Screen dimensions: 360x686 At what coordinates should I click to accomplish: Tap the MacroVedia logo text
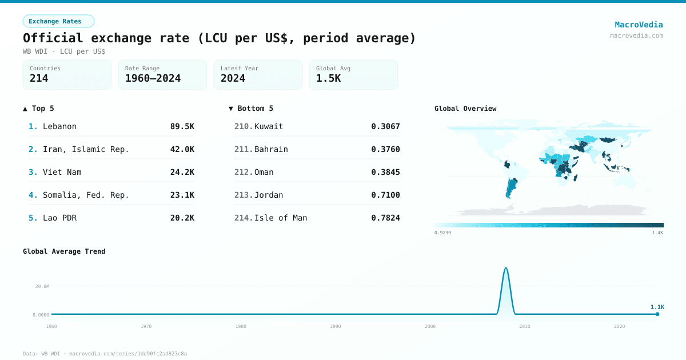pos(639,25)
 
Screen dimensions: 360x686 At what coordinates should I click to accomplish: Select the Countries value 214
pos(39,78)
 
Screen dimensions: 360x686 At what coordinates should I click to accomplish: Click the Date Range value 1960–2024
pos(153,78)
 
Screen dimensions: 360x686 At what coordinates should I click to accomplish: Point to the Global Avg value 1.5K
pos(328,78)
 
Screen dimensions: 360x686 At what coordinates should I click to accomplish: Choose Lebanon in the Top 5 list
pos(59,126)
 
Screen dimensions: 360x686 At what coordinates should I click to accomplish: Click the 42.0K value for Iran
pos(182,149)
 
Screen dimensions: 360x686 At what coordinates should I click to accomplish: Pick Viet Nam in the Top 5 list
pos(62,172)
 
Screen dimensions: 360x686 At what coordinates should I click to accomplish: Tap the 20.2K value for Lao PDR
pos(182,218)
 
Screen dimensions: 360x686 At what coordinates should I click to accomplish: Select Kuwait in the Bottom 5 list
pos(268,126)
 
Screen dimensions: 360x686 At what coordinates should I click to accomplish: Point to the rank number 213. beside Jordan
pos(243,195)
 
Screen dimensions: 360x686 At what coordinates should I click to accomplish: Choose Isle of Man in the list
pos(280,218)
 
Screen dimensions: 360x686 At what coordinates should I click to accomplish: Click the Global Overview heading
pos(465,109)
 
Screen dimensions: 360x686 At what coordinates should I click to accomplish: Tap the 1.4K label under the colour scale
pos(657,233)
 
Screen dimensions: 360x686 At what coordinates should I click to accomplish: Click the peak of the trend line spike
pos(505,267)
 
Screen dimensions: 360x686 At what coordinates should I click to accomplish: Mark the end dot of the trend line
pos(657,314)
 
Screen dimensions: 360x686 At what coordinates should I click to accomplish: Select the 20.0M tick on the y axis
pos(42,286)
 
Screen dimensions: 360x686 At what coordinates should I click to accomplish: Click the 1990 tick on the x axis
pos(335,326)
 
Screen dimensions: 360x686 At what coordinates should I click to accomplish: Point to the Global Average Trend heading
pos(64,251)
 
